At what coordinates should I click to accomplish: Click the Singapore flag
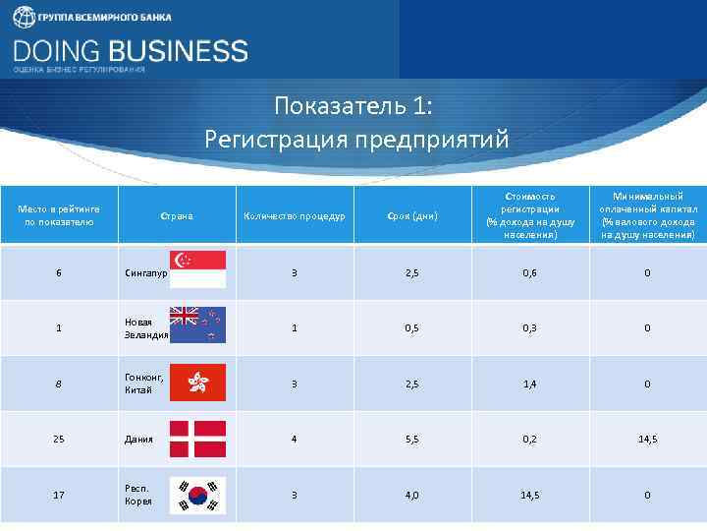(198, 269)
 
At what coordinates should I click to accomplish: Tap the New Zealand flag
(198, 324)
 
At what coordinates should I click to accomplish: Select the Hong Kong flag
(198, 383)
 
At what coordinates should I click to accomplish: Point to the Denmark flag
(198, 439)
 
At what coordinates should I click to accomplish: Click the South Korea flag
(198, 495)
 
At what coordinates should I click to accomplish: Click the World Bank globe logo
(23, 18)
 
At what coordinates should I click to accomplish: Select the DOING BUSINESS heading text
(131, 50)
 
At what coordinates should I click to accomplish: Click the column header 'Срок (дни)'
(411, 215)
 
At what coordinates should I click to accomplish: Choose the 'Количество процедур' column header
(294, 215)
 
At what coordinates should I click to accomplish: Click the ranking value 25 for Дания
(59, 439)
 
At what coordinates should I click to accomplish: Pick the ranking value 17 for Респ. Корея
(59, 495)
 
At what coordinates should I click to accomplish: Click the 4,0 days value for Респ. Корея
(411, 495)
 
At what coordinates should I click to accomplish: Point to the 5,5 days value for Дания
(411, 439)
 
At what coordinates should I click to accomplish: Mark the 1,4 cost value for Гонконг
(529, 383)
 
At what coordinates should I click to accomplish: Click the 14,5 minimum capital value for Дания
(647, 439)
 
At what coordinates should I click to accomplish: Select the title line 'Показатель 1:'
(353, 105)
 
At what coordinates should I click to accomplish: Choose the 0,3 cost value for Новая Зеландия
(529, 327)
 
